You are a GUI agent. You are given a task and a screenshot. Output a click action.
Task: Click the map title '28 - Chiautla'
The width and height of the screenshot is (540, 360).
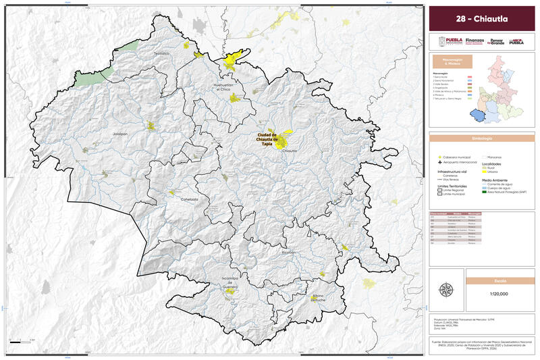(482, 18)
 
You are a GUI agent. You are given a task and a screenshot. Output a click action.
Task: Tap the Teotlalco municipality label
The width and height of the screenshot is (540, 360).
(161, 53)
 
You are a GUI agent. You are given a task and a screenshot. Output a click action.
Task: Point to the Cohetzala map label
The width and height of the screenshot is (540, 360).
(190, 199)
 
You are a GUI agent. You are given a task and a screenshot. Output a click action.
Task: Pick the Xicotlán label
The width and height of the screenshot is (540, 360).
(289, 251)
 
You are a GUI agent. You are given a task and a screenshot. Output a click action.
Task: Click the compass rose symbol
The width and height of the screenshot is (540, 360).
(446, 290)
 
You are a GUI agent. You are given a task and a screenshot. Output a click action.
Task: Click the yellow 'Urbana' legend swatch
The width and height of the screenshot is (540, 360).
(483, 172)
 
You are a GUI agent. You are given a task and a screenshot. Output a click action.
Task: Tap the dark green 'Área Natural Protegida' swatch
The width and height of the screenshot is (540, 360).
(483, 192)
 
